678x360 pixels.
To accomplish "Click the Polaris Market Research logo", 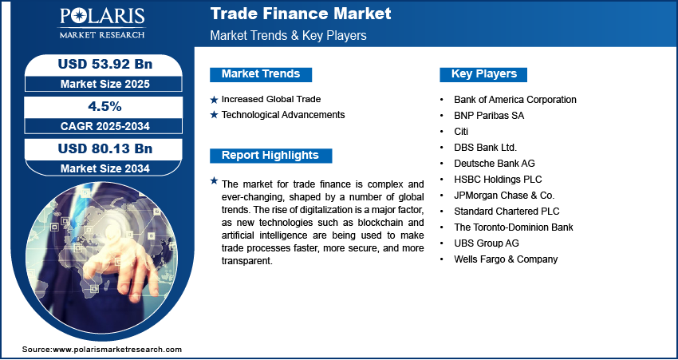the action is [102, 23].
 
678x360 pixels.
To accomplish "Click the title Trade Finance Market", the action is [301, 14].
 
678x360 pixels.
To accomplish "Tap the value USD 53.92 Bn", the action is [105, 64].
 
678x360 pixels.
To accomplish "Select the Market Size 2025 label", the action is [105, 84].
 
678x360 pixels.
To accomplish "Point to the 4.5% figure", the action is [105, 106].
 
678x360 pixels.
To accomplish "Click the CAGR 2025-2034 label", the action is [105, 126].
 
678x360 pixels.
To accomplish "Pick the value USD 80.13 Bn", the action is [105, 148].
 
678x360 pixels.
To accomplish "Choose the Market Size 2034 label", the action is [105, 168].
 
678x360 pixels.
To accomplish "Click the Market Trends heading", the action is [261, 74].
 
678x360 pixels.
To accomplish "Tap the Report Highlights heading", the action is [270, 156].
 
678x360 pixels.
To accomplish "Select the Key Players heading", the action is [484, 74].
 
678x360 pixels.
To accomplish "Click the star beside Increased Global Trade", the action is [214, 100].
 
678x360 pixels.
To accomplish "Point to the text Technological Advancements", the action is [283, 115].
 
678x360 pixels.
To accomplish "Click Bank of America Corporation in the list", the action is [515, 100].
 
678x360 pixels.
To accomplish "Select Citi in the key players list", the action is [461, 131].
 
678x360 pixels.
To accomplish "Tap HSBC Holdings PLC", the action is [498, 179].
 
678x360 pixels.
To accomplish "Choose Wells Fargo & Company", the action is [506, 259].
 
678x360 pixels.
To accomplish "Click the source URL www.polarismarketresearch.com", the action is [117, 349].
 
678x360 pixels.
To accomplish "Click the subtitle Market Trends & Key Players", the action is [289, 35].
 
